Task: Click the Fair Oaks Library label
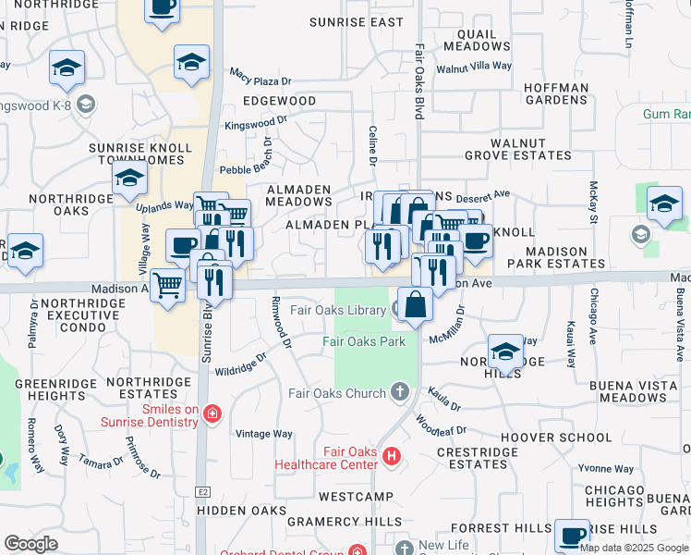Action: (338, 310)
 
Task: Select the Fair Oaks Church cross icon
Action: (400, 392)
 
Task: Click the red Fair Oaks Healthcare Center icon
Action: (393, 456)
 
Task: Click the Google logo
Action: (30, 544)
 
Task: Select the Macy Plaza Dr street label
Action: (260, 75)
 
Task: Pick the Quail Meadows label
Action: (477, 40)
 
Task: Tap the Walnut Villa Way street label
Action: (474, 68)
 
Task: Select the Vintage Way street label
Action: (263, 434)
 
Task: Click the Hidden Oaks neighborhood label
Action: (242, 511)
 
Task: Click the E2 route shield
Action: (201, 492)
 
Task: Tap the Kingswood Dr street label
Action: (255, 121)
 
